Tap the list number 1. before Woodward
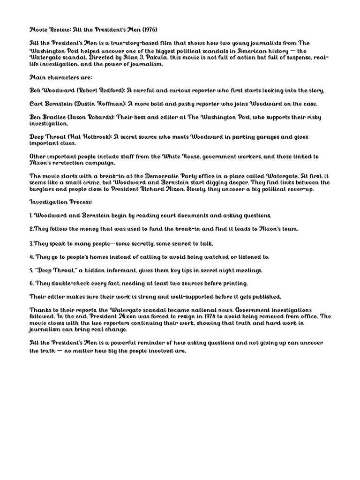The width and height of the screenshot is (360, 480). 31,215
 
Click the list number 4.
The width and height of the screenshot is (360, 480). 32,257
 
